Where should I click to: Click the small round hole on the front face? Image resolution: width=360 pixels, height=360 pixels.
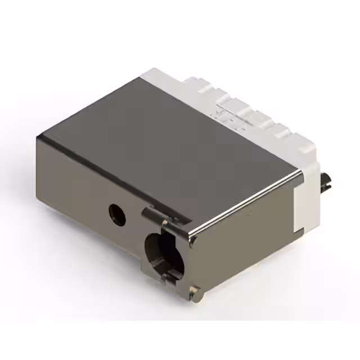(118, 214)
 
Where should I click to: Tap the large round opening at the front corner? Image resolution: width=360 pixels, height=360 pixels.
(164, 254)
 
